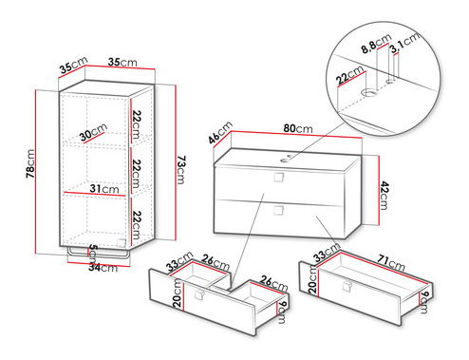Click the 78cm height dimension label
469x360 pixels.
pyautogui.click(x=30, y=163)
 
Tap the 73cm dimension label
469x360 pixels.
pyautogui.click(x=180, y=170)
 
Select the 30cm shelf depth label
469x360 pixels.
pyautogui.click(x=93, y=132)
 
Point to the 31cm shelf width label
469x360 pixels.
pyautogui.click(x=104, y=189)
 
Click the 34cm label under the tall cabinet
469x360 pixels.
pyautogui.click(x=103, y=268)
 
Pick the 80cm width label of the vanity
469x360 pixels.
pyautogui.click(x=298, y=128)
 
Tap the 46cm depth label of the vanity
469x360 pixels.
pyautogui.click(x=220, y=132)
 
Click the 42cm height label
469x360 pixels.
pyautogui.click(x=384, y=196)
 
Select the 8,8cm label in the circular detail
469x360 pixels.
pyautogui.click(x=376, y=44)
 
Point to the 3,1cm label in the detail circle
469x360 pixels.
pyautogui.click(x=404, y=42)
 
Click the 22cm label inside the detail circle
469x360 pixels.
pyautogui.click(x=350, y=76)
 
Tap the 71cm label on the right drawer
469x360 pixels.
pyautogui.click(x=391, y=262)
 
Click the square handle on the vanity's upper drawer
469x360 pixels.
pyautogui.click(x=278, y=178)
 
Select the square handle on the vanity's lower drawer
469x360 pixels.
pyautogui.click(x=278, y=210)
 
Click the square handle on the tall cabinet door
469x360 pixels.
pyautogui.click(x=122, y=243)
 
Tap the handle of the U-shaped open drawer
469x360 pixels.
pyautogui.click(x=200, y=294)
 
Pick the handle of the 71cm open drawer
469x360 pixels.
pyautogui.click(x=347, y=286)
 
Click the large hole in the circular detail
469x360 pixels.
pyautogui.click(x=369, y=92)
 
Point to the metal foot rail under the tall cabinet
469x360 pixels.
pyautogui.click(x=99, y=253)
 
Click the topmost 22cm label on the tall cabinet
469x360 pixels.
pyautogui.click(x=137, y=124)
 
